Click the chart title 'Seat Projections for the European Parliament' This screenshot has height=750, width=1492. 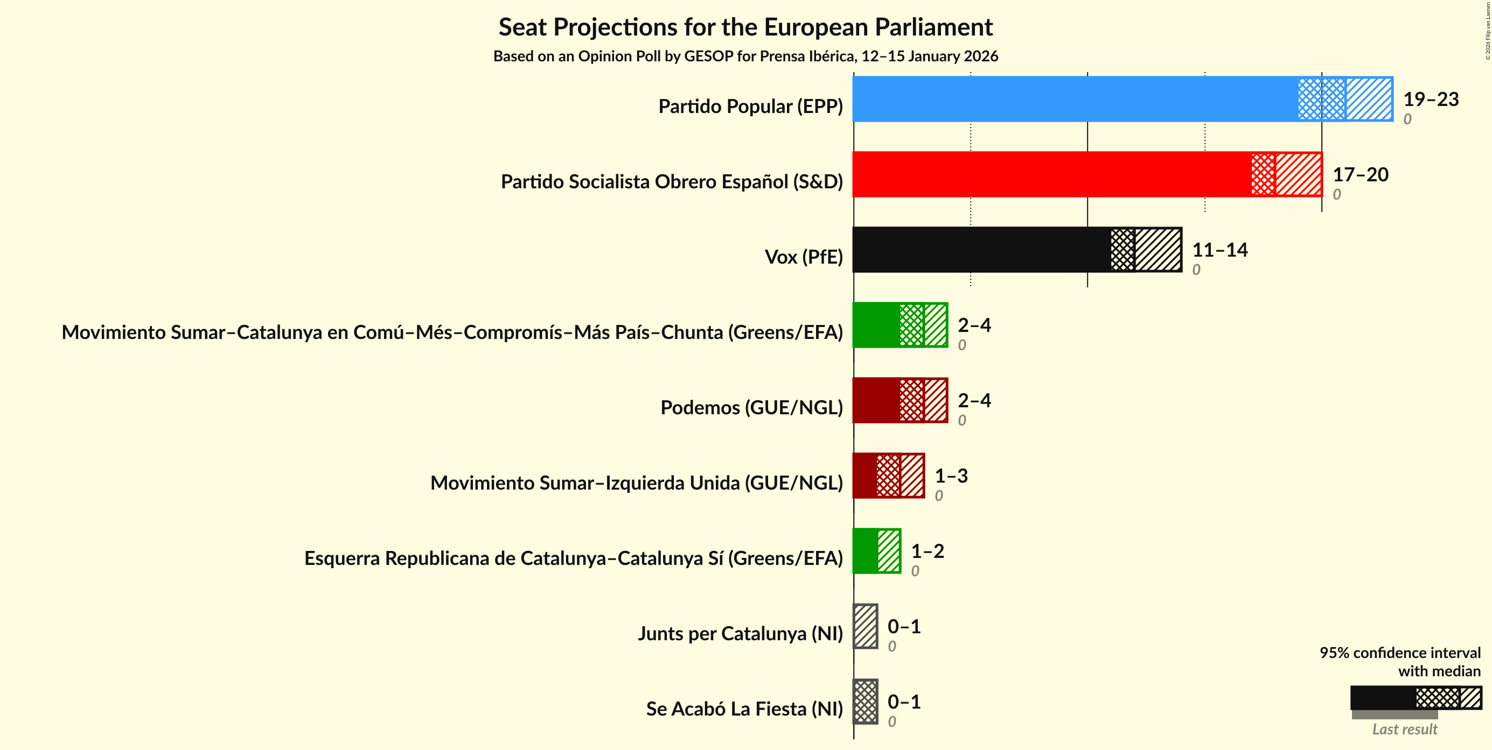745,27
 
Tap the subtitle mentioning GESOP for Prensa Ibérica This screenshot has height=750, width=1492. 745,56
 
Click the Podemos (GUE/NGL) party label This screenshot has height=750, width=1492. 751,407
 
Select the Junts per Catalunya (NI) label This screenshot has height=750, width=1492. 740,634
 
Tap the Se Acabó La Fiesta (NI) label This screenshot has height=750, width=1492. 744,709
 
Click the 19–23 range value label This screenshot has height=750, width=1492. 1431,99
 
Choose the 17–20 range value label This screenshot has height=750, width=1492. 1360,174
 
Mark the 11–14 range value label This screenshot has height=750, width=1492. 1220,250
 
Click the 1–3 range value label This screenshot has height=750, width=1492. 951,476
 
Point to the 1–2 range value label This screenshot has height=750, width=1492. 928,551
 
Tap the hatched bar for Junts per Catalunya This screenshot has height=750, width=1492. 866,626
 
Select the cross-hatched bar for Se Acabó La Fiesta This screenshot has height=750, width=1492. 866,702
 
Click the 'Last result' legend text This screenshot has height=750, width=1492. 1405,729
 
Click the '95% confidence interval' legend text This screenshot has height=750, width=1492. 1400,653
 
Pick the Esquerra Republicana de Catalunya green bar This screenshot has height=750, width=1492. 876,551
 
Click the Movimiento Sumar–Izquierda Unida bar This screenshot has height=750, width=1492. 888,476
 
